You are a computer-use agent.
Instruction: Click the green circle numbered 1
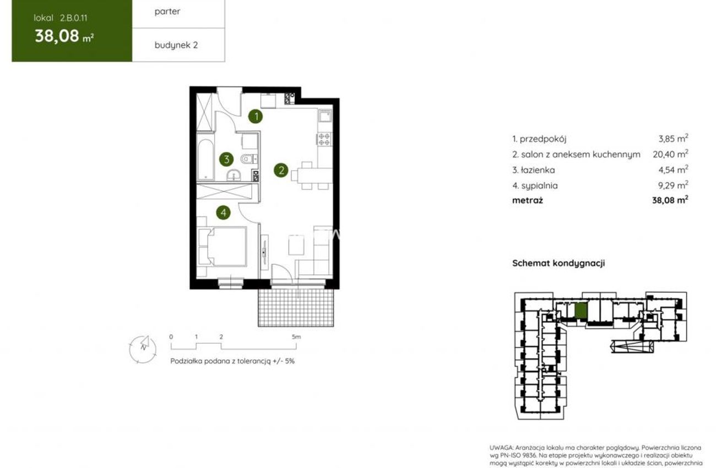[x=256, y=117]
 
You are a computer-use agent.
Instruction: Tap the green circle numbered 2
[x=281, y=170]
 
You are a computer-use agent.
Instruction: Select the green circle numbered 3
[x=226, y=159]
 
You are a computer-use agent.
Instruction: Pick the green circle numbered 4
[x=223, y=213]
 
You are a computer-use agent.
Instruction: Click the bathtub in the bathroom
[x=205, y=160]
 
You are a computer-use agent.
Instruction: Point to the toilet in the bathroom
[x=248, y=159]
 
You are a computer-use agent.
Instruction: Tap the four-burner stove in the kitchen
[x=324, y=139]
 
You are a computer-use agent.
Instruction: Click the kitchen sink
[x=325, y=116]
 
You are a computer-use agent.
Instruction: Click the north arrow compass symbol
[x=143, y=349]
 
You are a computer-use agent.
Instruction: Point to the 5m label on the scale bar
[x=296, y=337]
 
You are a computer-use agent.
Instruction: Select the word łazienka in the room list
[x=538, y=170]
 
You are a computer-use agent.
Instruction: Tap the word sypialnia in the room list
[x=540, y=186]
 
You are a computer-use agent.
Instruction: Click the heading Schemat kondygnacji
[x=558, y=263]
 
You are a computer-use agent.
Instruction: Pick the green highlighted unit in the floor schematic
[x=581, y=310]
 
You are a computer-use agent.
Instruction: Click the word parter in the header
[x=167, y=12]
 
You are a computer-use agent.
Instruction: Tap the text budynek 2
[x=176, y=45]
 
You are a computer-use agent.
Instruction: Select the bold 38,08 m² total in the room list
[x=670, y=200]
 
